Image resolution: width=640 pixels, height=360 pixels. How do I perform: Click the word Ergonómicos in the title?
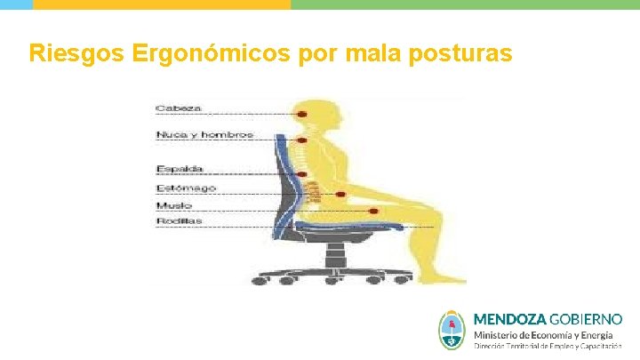[210, 54]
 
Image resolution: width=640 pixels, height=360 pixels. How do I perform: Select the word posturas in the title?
[460, 54]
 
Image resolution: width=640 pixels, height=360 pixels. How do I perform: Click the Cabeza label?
[179, 108]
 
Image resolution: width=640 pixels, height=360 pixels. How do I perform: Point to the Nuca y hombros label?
[204, 135]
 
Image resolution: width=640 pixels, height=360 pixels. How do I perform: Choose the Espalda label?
[180, 169]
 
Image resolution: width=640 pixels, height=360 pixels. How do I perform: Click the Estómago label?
[186, 188]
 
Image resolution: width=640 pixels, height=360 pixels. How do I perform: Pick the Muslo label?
[174, 204]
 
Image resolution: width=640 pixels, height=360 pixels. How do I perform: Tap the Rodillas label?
[179, 220]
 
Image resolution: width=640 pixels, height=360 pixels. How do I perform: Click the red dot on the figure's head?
[303, 114]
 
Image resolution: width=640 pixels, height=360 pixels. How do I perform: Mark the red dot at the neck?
[303, 140]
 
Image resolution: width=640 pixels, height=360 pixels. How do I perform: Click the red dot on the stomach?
[340, 194]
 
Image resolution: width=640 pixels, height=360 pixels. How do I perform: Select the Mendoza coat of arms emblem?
[452, 330]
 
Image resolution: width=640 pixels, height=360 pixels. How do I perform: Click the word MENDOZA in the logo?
[510, 318]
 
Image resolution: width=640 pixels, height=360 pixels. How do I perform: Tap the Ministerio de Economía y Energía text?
[542, 335]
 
